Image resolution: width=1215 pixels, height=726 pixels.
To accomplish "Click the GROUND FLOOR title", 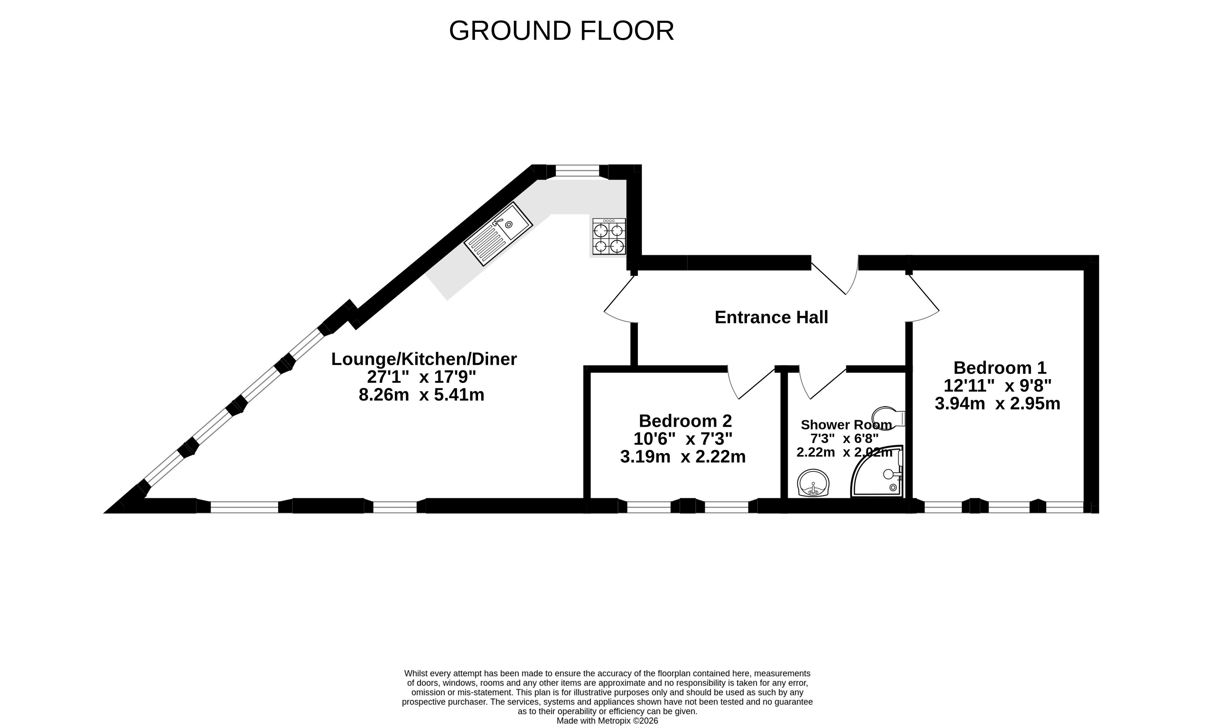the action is [561, 31].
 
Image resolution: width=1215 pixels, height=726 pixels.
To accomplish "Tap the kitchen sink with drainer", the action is [498, 234].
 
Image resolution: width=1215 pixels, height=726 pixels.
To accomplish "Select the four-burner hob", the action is [609, 237].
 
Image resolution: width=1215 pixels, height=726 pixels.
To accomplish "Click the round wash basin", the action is [813, 483].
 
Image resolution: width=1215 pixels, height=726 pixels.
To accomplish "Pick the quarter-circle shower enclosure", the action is [877, 472].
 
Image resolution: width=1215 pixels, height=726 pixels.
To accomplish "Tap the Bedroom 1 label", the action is [1000, 367].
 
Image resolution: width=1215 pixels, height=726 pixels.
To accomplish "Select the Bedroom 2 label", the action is [685, 421].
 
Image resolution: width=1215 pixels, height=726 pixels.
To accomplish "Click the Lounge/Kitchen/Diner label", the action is [424, 359].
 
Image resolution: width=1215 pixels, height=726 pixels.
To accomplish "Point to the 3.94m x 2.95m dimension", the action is [997, 403].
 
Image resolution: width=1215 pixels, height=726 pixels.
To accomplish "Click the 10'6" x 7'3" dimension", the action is [683, 439].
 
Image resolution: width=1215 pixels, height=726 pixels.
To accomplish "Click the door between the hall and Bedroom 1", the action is [923, 298].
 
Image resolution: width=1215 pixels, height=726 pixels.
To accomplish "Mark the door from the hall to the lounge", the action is [620, 299].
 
